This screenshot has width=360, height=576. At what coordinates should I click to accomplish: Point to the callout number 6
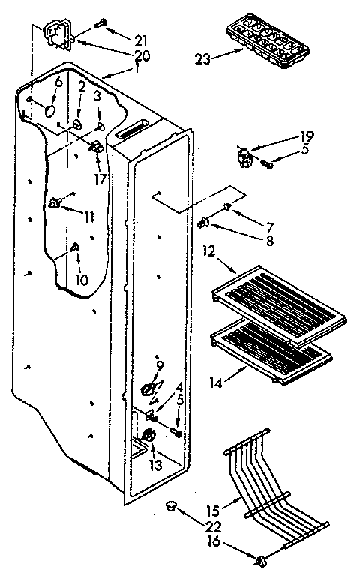pyautogui.click(x=58, y=81)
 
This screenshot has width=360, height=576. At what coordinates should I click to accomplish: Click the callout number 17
pyautogui.click(x=100, y=179)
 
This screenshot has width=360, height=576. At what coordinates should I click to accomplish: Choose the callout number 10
pyautogui.click(x=82, y=280)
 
